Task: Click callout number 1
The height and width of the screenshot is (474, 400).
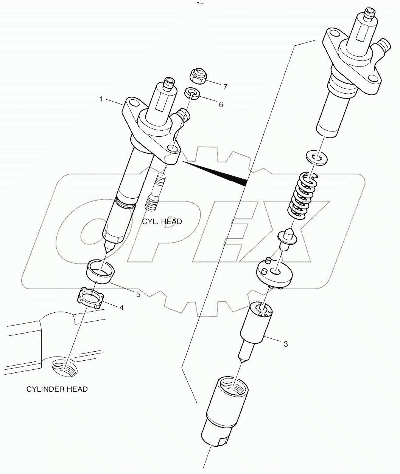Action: coord(101,99)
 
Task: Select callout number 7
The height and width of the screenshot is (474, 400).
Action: coord(225,87)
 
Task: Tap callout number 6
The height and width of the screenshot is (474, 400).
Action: coord(221,105)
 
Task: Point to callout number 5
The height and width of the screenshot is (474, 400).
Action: coord(138,294)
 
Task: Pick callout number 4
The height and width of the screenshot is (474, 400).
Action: coord(121,308)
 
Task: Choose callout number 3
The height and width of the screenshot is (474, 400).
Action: coord(285,344)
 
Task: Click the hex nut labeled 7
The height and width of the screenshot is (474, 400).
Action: coord(198,76)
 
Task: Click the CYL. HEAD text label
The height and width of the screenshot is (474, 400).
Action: coord(162,221)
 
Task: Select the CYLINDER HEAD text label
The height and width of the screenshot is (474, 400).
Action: coord(57,389)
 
